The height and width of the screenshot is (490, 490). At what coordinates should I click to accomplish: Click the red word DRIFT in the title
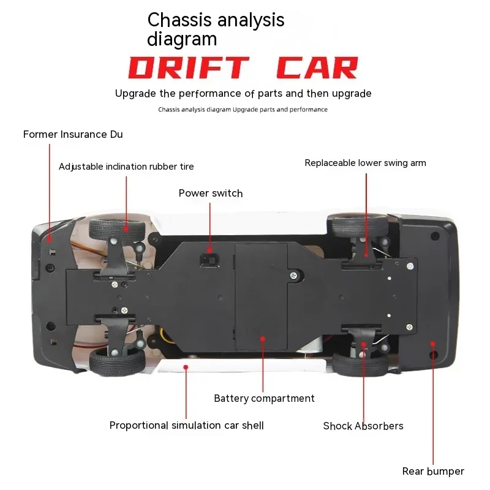tap(189, 67)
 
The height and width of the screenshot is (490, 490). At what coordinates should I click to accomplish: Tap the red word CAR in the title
tap(317, 67)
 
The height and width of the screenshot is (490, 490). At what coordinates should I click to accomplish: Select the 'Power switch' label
tap(211, 193)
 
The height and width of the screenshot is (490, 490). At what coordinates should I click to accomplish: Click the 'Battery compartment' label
tap(264, 399)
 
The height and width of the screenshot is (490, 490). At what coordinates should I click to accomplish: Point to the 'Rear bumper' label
tap(433, 471)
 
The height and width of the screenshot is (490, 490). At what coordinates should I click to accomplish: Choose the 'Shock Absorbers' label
tap(363, 426)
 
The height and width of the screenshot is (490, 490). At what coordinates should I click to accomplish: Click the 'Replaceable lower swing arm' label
tap(365, 163)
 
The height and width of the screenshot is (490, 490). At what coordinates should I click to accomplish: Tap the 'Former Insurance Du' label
tap(73, 134)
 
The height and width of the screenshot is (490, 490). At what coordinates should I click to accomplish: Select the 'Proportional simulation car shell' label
tap(187, 425)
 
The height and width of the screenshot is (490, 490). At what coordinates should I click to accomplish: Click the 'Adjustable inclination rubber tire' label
tap(126, 167)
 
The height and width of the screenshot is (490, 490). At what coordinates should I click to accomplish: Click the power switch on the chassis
tap(209, 260)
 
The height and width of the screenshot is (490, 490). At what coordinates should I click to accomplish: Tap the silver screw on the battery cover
tap(293, 275)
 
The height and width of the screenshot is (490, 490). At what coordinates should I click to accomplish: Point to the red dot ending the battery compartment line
tap(263, 339)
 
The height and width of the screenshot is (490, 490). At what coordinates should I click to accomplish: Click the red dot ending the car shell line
tap(186, 367)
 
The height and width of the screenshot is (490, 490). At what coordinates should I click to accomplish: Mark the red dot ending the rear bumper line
tap(432, 344)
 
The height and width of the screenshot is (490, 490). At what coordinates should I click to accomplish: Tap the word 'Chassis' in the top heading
tap(179, 20)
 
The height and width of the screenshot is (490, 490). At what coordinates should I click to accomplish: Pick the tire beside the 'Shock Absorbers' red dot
tap(360, 364)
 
